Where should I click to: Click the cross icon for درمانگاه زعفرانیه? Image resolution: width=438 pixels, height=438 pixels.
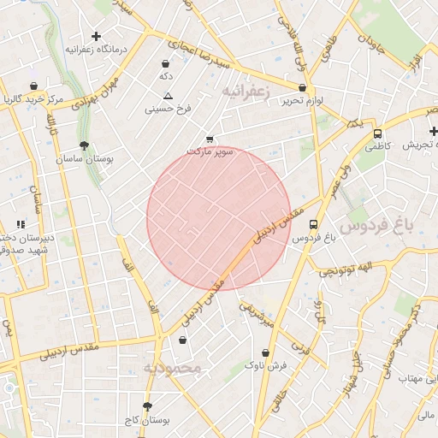96,37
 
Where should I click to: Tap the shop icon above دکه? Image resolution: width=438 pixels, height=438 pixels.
165,63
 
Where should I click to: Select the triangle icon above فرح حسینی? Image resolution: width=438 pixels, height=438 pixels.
168,96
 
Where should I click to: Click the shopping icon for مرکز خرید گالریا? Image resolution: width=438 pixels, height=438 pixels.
33,86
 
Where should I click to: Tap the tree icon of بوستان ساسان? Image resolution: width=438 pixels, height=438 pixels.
83,145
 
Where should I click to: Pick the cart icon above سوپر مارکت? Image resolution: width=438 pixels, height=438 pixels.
210,139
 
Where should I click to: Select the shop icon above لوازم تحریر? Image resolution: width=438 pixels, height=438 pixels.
303,87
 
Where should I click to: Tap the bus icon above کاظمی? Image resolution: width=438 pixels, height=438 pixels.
377,133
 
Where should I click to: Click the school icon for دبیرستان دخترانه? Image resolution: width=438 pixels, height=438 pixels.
21,224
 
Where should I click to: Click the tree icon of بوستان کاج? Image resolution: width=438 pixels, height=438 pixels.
147,406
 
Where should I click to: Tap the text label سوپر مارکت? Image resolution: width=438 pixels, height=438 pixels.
210,151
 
